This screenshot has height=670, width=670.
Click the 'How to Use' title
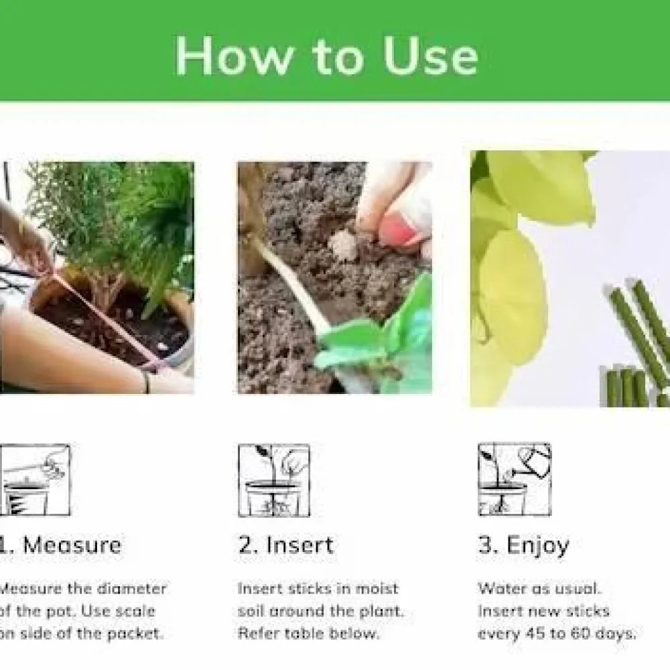(326, 56)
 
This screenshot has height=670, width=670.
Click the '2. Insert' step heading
(285, 545)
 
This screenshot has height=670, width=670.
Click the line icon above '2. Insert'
(274, 480)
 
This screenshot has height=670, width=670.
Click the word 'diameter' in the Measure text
(132, 589)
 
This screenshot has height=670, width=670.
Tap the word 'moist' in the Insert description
(377, 589)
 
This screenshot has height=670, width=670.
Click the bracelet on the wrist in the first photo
(145, 382)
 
